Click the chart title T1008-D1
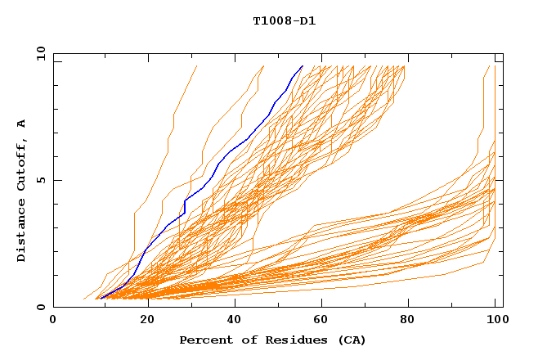click(284, 20)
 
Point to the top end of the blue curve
click(303, 66)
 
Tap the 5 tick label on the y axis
click(41, 180)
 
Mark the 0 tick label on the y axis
click(41, 307)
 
